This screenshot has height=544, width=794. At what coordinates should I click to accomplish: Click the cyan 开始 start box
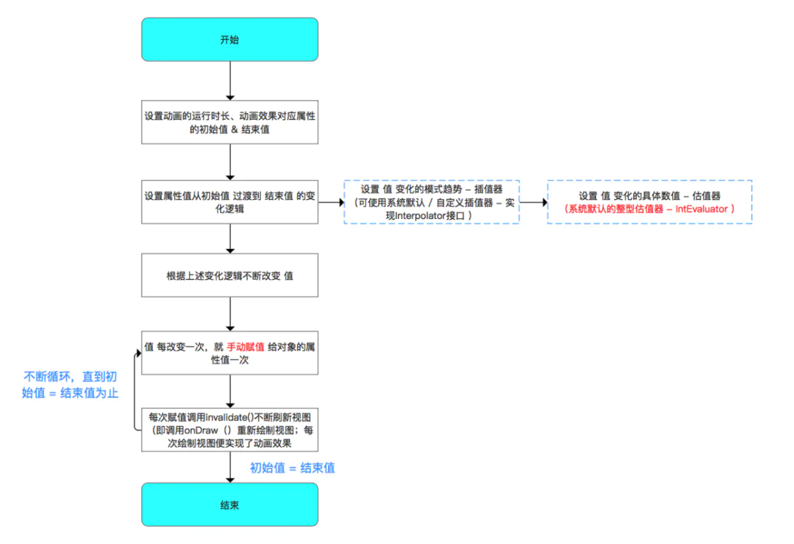pos(230,39)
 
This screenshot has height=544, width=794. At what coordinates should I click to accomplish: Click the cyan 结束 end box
pos(230,504)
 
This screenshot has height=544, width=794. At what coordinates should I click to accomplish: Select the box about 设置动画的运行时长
pos(230,122)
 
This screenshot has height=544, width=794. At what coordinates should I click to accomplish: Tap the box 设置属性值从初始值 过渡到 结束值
pos(230,202)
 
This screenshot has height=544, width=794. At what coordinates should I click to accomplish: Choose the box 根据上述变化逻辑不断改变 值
pos(230,275)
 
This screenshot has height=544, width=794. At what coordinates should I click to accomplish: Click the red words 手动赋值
pos(245,347)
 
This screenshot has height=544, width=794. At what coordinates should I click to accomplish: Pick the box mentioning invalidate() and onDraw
pos(230,430)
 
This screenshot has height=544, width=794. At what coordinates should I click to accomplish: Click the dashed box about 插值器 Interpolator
pos(431,202)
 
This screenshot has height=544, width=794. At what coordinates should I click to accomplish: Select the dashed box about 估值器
pos(649,202)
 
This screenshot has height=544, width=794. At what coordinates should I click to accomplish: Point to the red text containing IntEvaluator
pos(649,209)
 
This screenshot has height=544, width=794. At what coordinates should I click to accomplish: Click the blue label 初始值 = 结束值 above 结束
pos(292,468)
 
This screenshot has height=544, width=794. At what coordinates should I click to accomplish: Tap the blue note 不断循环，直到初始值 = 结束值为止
pos(70,385)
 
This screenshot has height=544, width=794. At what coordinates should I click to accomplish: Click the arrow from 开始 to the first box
pos(230,81)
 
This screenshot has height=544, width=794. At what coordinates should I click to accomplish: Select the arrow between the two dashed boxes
pos(533,202)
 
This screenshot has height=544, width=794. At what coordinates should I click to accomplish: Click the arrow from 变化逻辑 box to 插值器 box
pos(331,202)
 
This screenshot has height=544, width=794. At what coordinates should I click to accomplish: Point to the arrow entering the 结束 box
pos(230,467)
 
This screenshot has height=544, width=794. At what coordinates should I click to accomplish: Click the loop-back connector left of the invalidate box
pos(135,390)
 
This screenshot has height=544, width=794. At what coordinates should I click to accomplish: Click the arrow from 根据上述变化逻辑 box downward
pos(230,314)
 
